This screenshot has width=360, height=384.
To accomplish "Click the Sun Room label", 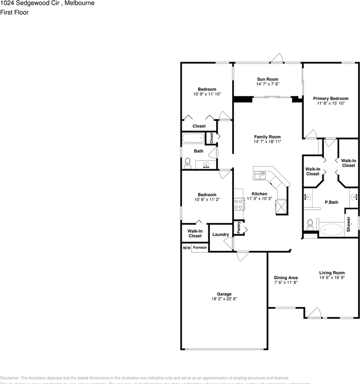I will click(267, 79).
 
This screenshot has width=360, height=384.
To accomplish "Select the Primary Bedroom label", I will click(330, 98).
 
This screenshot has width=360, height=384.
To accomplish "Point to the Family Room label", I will click(267, 137).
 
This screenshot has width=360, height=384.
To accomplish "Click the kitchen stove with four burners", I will click(239, 204).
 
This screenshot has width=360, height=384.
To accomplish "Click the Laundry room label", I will click(221, 234).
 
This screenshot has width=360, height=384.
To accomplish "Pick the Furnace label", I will click(200, 248).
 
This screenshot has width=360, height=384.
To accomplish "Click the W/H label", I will click(186, 248).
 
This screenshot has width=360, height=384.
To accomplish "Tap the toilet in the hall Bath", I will click(187, 163).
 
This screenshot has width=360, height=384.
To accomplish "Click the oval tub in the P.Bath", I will click(331, 230).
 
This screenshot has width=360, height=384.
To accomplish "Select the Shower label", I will click(348, 224).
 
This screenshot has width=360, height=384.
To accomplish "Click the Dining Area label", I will click(286, 278).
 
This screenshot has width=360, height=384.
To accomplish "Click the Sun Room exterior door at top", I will click(277, 58).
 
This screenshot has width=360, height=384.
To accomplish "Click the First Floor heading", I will click(14, 12).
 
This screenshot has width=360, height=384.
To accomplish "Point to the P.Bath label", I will click(331, 202).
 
